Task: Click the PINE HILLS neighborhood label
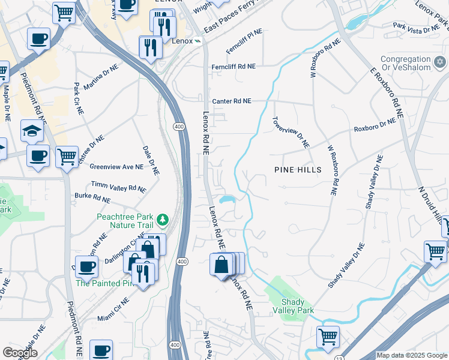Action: point(297,170)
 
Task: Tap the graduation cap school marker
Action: point(32,131)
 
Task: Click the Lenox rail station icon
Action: point(196,41)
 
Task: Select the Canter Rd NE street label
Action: point(231,101)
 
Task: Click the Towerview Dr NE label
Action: point(291,133)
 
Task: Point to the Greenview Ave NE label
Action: point(116,167)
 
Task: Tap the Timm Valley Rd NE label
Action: point(118,187)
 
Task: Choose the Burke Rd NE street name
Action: point(92,197)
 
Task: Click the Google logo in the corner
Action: point(20,352)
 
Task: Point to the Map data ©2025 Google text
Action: point(412,355)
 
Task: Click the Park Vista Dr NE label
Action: point(416,28)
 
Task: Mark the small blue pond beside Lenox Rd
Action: point(226,199)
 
